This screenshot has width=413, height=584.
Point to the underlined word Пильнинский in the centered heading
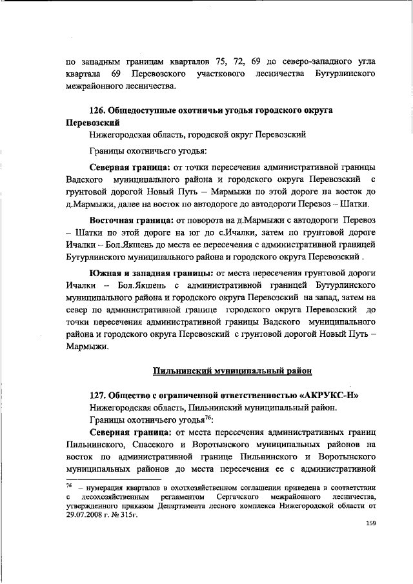click(x=183, y=370)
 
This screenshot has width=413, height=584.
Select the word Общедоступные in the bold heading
click(x=146, y=110)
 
